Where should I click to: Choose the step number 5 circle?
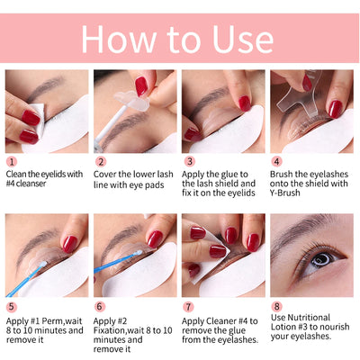tap(11, 306)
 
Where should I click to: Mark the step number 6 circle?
tap(99, 306)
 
